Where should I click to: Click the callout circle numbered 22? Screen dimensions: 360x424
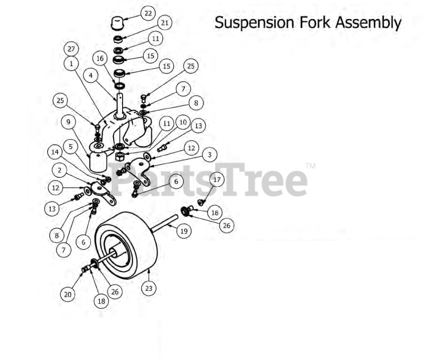(x=148, y=13)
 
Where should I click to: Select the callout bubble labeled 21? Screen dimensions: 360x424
(x=164, y=22)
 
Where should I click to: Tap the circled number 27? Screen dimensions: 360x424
(x=71, y=49)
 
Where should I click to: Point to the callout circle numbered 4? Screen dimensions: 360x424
(x=91, y=76)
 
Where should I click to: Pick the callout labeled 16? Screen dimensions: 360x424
(x=100, y=59)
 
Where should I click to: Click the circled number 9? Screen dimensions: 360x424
(x=68, y=122)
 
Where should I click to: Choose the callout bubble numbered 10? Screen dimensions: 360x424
(x=183, y=122)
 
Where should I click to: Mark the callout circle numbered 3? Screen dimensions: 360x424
(x=209, y=154)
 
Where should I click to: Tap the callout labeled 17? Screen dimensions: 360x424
(x=217, y=179)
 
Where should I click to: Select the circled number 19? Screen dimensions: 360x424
(x=184, y=231)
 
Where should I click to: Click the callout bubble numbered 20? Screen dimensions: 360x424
(x=67, y=294)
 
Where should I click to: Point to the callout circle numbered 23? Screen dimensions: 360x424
(x=149, y=288)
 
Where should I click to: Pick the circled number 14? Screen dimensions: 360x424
(x=55, y=152)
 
